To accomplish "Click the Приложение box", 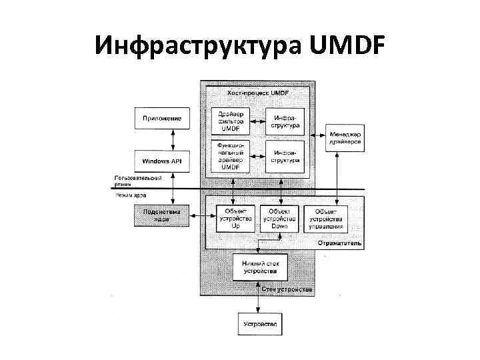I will [x=162, y=119].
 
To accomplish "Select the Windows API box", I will [x=162, y=161].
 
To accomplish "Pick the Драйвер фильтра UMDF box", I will [x=231, y=121].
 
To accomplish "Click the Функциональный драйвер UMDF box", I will [x=231, y=156].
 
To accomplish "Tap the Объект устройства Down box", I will [x=279, y=217].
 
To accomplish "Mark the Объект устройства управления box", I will [x=327, y=217].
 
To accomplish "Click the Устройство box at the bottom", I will [x=261, y=324].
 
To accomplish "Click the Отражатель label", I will [x=341, y=243].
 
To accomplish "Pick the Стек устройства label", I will [x=287, y=290].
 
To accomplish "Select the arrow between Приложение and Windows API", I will [x=173, y=139].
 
